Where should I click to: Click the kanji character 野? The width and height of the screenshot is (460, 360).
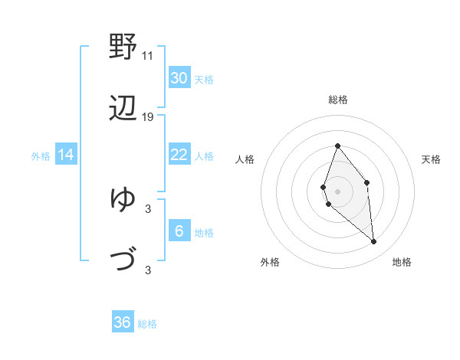pos(123,47)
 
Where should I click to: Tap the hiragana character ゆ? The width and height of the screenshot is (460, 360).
pos(123,199)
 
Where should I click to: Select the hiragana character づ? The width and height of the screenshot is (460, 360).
pos(123,260)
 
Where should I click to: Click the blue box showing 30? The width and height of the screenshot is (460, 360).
pos(179,77)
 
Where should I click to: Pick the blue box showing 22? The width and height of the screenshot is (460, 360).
pos(179,155)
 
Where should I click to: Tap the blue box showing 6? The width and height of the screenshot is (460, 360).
pos(179,231)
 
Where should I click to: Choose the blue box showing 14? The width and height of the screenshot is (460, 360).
pos(66,155)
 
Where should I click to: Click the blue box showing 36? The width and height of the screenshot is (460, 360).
pos(123,322)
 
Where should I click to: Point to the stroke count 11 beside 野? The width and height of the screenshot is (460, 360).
pos(147,56)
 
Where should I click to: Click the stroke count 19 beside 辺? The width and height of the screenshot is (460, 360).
pos(148,117)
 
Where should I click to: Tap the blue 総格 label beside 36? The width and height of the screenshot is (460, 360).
pos(147,324)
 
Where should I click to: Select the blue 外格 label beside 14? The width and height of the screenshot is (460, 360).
pos(41,156)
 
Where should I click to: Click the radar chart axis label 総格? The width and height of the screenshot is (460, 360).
pos(337,100)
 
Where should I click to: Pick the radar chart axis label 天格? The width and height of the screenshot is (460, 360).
pos(432,159)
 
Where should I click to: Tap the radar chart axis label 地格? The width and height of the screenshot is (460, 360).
pos(402,262)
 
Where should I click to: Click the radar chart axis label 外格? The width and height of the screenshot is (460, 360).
pos(270,262)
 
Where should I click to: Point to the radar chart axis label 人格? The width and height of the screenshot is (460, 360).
pos(245,159)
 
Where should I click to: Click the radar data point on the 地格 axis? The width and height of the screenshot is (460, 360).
pos(373,242)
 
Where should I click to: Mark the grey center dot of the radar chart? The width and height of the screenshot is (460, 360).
pos(337,191)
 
